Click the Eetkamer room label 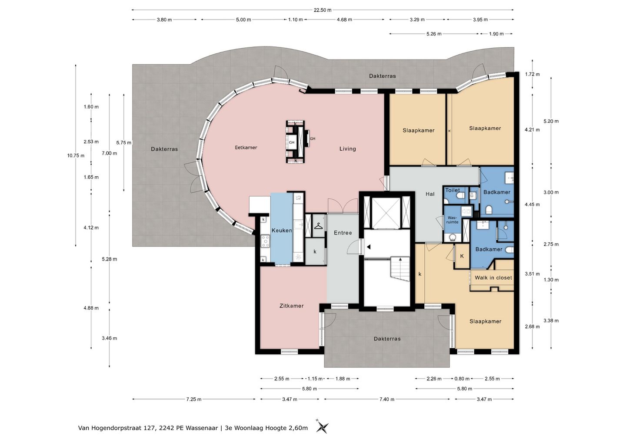click(x=246, y=148)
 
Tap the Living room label click(x=348, y=149)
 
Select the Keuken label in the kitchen click(x=282, y=231)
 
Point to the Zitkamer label click(x=291, y=306)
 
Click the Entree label click(x=343, y=233)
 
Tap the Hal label click(x=430, y=194)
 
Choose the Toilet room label click(x=453, y=190)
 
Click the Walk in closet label click(x=493, y=277)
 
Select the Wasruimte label click(x=453, y=220)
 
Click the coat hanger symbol click(x=318, y=226)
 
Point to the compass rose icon click(x=322, y=427)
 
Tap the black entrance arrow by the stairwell click(x=369, y=247)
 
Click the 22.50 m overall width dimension click(x=323, y=10)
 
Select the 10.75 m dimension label click(x=76, y=156)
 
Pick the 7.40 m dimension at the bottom click(x=387, y=399)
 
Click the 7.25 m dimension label click(x=194, y=399)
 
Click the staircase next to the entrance click(x=400, y=269)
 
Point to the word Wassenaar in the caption click(x=202, y=428)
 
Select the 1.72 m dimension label click(x=533, y=74)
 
